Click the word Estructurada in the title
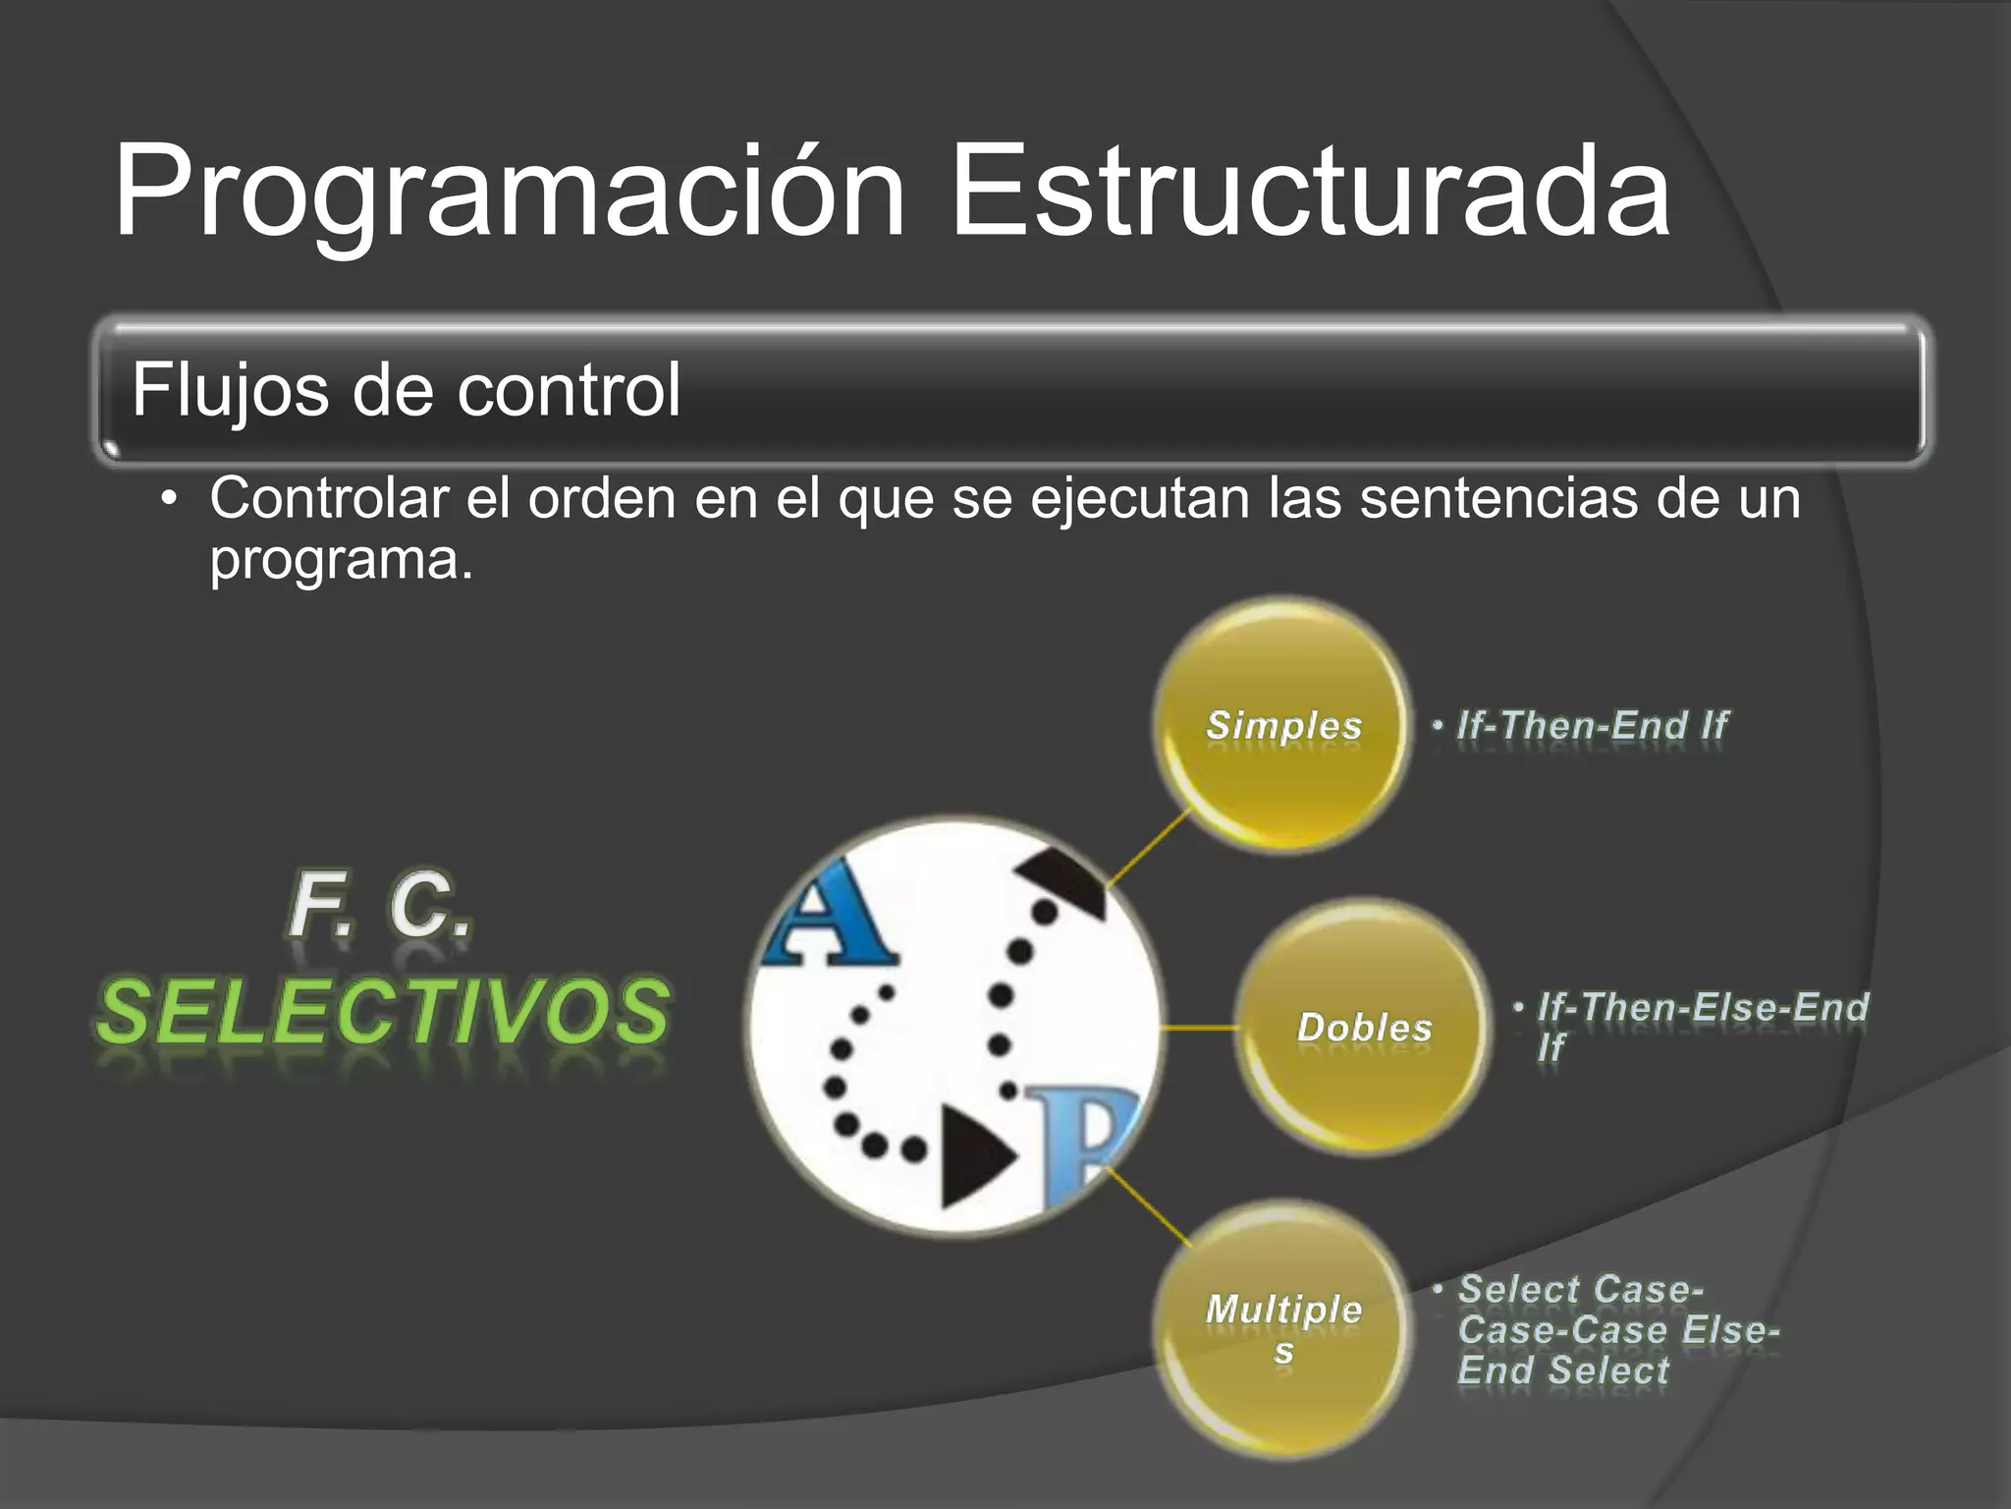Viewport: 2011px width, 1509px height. pos(1310,192)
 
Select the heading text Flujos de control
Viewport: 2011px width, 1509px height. pos(406,390)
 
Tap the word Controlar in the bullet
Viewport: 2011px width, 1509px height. pos(329,498)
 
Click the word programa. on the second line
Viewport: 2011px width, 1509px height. pos(341,560)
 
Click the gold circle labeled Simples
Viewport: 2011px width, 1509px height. pos(1282,725)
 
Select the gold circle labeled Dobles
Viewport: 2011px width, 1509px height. pos(1363,1027)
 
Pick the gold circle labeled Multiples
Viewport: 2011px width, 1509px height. pos(1282,1328)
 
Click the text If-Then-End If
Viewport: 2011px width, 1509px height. pos(1591,725)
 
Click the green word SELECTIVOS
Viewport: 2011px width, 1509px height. pos(383,1012)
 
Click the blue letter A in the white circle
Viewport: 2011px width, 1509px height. pos(830,916)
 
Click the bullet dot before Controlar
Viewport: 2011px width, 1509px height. pos(169,499)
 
